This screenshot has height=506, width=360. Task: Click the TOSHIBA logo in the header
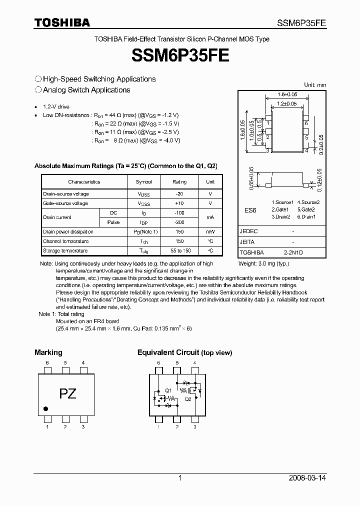point(62,22)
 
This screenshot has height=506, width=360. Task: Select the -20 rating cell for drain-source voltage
point(179,194)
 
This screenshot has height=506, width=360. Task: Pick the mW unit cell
point(210,232)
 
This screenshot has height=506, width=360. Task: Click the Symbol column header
point(143,182)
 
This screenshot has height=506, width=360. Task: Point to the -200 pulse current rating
point(179,222)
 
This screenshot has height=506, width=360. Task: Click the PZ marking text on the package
point(68,393)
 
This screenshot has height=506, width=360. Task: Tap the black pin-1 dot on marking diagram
point(46,408)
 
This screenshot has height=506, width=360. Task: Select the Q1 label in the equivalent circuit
point(168,390)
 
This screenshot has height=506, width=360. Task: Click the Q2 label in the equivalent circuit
point(187,399)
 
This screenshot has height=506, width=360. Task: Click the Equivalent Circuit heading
point(184,352)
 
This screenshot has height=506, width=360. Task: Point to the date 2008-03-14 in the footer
point(307,478)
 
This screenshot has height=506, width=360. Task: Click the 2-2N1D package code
point(293,253)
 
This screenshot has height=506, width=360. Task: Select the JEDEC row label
point(249,231)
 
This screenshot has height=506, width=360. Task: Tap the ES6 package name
point(250,210)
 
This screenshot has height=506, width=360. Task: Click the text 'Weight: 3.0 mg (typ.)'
point(263,263)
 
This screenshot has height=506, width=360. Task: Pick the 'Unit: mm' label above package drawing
point(315,85)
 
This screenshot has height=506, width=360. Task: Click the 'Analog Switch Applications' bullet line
point(86,90)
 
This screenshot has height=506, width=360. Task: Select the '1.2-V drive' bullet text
point(56,107)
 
